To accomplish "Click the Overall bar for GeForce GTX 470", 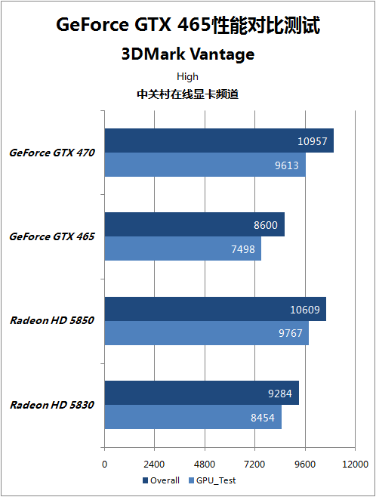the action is point(219,140).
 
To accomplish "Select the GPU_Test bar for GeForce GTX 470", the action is point(205,165).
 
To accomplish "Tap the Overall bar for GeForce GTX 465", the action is point(195,224).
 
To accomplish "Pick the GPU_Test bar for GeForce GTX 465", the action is point(183,248).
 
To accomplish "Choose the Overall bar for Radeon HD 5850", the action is point(215,309).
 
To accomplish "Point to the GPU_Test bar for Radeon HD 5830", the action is point(193,417).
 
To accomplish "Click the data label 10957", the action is point(313,141).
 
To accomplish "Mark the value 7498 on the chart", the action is point(243,249).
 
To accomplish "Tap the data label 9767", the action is point(291,333).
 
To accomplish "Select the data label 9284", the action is point(280,394).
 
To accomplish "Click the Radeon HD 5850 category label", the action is point(52,320).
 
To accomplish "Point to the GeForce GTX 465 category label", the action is point(52,236).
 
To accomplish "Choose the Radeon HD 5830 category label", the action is point(52,405).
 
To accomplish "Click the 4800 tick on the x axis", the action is point(205,465).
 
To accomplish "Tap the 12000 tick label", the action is point(355,465).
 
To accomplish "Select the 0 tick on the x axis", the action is point(104,465).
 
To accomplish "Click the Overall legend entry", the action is point(162,480).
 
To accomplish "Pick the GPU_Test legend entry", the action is point(212,480).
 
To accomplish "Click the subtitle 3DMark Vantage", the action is point(188,54).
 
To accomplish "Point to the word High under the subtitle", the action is point(187,76).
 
